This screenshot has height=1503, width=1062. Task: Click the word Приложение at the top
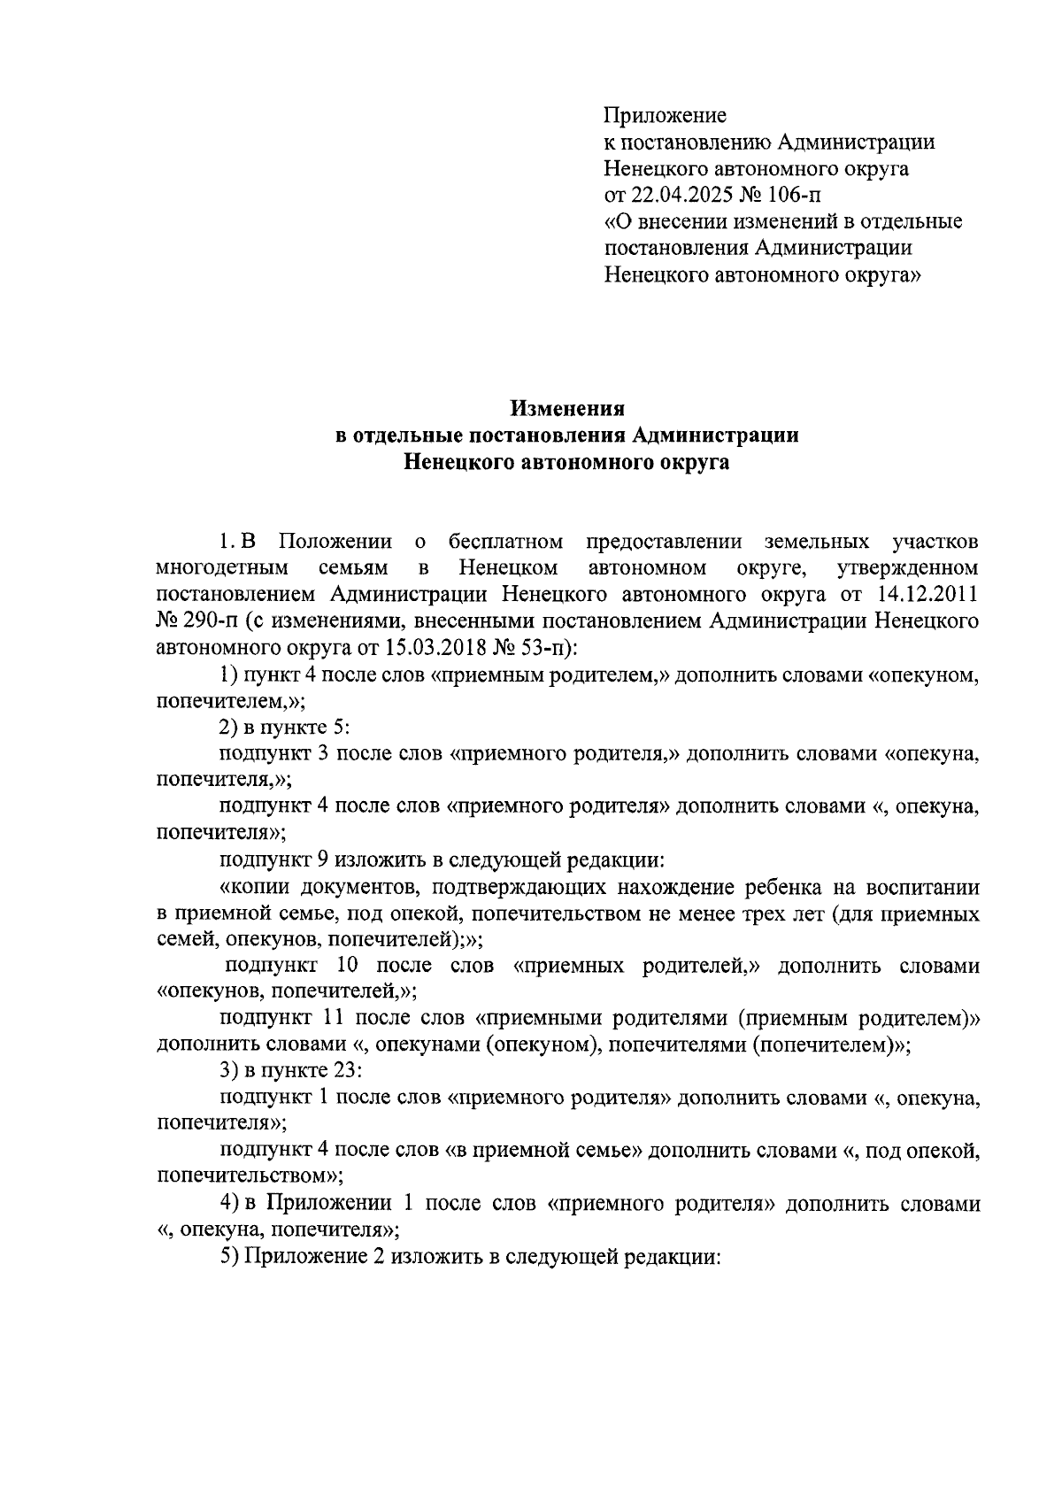[x=665, y=116]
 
